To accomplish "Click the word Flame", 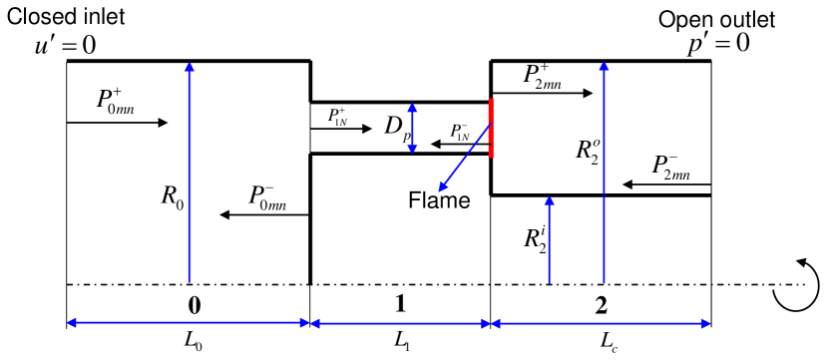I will (x=438, y=200).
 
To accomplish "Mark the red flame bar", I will (x=491, y=125).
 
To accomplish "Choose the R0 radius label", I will (x=172, y=192).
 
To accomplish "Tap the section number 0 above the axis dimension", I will (x=188, y=302).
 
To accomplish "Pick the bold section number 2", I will (x=601, y=302).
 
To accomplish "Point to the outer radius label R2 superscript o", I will (x=588, y=151).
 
